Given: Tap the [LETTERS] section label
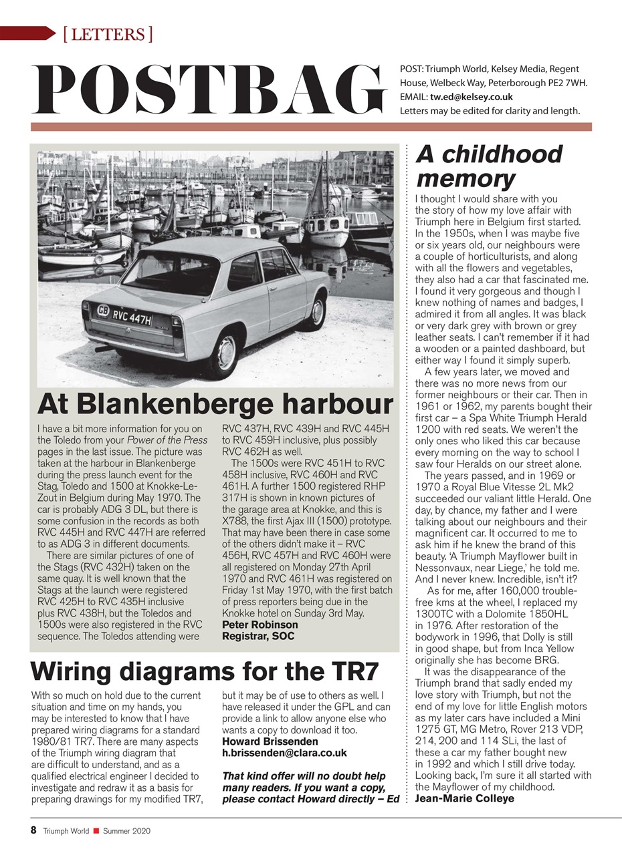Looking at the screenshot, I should [107, 33].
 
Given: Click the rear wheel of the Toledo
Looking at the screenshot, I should [227, 351].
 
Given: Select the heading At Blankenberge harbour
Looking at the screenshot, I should [215, 404].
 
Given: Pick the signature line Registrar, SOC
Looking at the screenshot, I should [257, 636].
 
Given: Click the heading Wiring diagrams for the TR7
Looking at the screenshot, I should [205, 670].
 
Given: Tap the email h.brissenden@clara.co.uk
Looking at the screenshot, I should [284, 753].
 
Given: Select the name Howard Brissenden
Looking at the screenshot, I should [270, 741].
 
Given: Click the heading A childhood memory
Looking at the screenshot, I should [489, 166].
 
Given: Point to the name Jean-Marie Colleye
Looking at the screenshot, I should [464, 798].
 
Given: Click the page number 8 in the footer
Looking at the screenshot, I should [33, 830].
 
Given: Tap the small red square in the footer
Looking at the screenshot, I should [96, 831].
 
